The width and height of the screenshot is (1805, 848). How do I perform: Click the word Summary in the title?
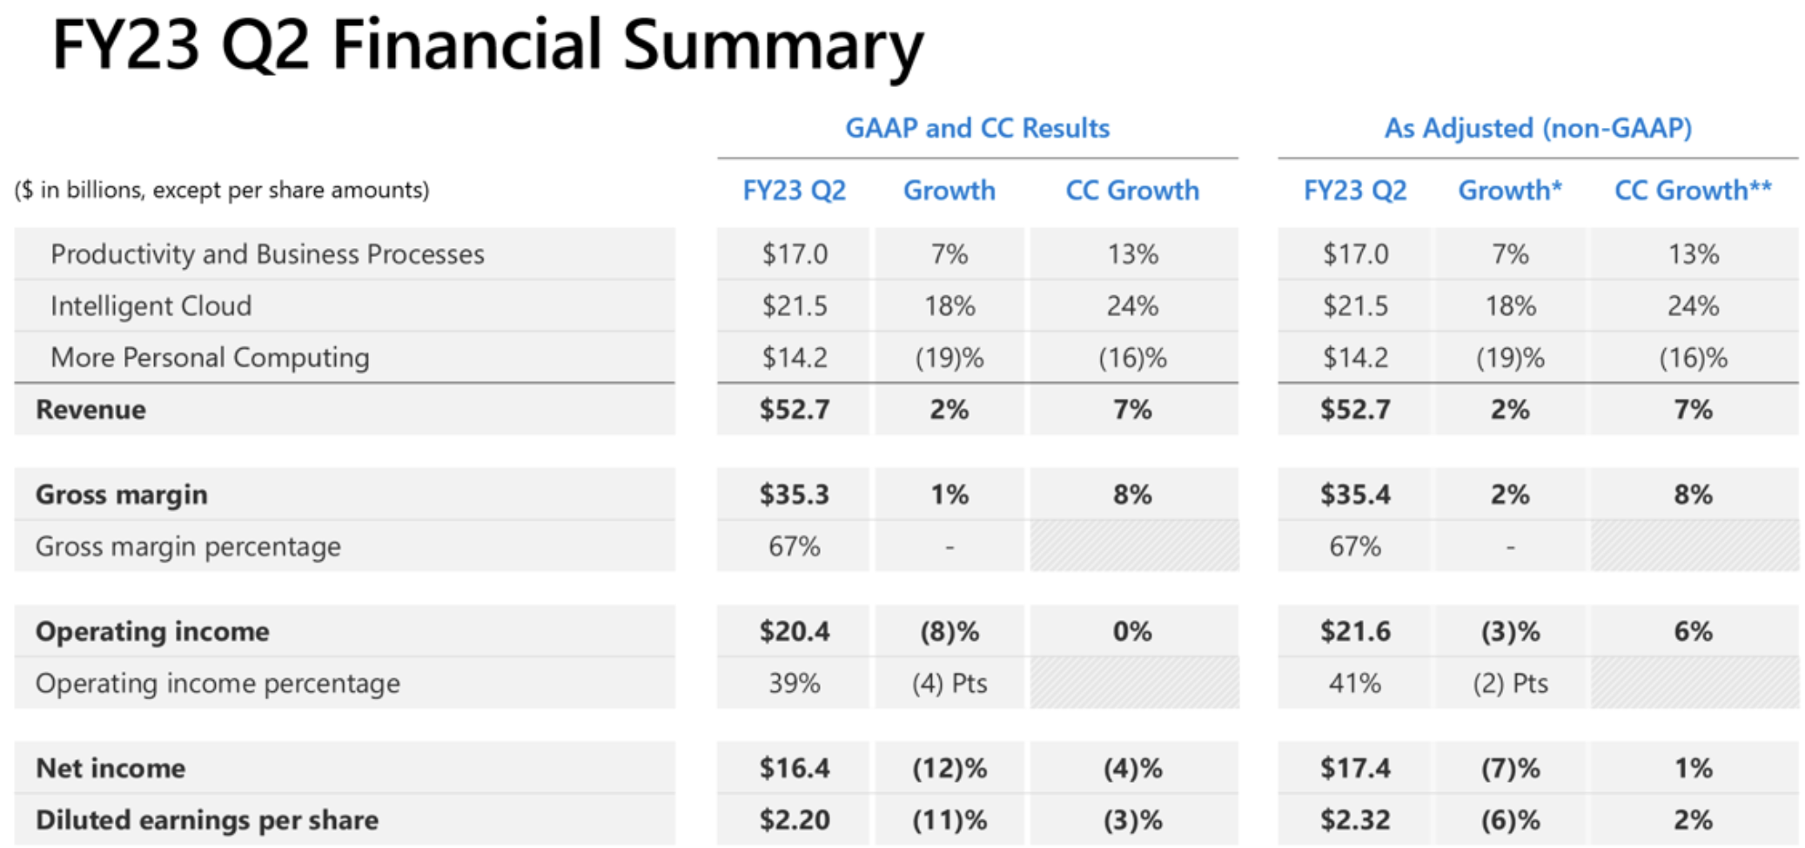773,45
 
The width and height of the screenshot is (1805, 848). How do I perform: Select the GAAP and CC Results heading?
976,128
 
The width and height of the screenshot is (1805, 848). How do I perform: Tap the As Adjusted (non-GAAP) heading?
1538,128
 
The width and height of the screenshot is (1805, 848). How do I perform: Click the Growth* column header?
1510,190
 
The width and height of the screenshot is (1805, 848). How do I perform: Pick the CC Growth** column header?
1693,190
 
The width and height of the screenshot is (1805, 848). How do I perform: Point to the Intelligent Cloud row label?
151,306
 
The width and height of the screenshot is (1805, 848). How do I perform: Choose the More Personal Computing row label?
210,357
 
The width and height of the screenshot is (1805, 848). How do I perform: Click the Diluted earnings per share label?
206,819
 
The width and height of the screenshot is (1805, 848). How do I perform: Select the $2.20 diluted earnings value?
794,819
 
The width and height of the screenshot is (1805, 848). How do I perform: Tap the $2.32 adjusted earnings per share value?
1355,819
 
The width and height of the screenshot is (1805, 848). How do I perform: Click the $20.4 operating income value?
794,631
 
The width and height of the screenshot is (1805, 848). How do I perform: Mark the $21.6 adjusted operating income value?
1355,631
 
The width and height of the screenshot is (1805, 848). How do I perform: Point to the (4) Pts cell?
949,683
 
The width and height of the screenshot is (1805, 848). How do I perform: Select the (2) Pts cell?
1510,683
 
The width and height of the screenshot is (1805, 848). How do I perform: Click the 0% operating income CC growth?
1131,631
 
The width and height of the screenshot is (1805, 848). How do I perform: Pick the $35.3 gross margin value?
794,495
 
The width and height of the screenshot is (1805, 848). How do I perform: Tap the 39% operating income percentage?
794,683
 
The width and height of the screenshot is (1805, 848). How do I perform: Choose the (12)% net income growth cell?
949,768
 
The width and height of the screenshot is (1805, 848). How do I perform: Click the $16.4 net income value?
794,768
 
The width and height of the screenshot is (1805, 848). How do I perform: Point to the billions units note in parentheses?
222,190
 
